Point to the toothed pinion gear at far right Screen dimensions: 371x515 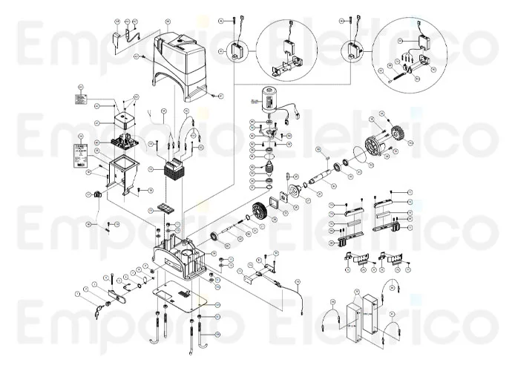[x=395, y=137]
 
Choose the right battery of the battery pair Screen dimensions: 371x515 [x=370, y=317]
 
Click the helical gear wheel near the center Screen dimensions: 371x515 [x=259, y=211]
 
